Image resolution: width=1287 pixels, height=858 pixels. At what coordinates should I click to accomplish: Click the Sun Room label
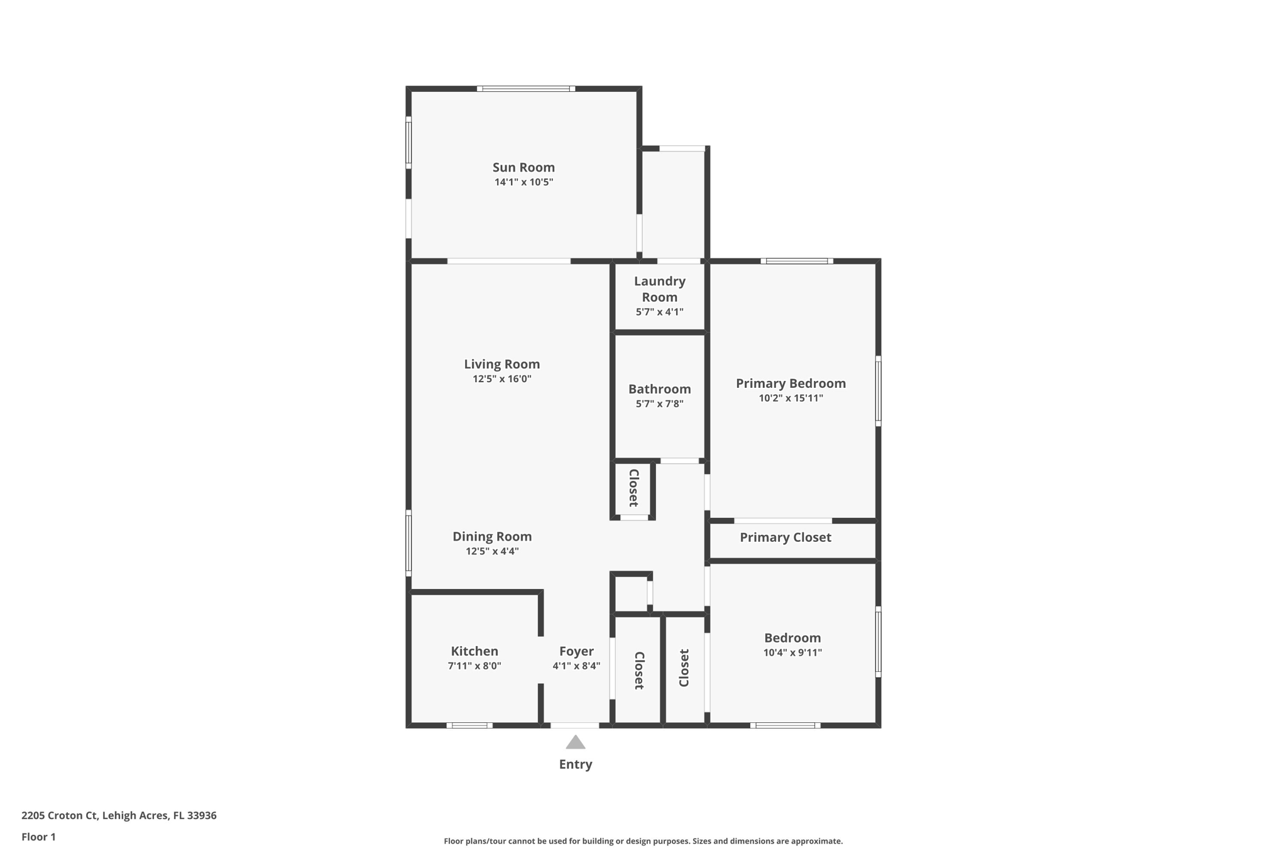523,167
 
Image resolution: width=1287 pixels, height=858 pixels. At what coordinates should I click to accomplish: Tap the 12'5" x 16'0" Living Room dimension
501,379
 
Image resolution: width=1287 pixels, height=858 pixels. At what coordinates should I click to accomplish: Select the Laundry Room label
659,289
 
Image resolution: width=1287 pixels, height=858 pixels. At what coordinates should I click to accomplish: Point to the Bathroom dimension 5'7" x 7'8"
659,404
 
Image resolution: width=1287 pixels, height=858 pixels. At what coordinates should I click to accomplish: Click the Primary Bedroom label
791,383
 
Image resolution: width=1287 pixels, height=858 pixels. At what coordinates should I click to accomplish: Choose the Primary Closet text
785,537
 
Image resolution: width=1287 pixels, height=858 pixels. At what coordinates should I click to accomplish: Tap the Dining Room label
492,537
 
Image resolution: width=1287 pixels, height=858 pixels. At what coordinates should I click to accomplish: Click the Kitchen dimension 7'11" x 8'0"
474,666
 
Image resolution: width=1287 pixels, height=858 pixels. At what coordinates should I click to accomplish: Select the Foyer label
576,651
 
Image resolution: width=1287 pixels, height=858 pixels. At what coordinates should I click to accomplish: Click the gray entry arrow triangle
575,743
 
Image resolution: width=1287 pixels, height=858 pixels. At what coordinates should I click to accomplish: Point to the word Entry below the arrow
575,764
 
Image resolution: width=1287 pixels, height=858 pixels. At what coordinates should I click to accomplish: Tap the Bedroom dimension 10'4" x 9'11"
792,652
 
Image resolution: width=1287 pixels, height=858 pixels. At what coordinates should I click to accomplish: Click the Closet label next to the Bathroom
633,488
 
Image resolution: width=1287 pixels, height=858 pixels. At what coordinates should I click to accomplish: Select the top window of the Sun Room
526,89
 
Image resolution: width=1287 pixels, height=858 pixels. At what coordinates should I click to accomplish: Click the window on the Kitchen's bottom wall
469,725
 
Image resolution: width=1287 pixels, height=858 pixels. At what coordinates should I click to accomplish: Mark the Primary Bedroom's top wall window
797,261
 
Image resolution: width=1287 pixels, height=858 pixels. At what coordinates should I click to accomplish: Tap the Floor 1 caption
38,837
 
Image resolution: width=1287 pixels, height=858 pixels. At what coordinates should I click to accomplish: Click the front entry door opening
575,725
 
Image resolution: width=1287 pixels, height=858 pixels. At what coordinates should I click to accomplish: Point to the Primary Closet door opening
783,520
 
